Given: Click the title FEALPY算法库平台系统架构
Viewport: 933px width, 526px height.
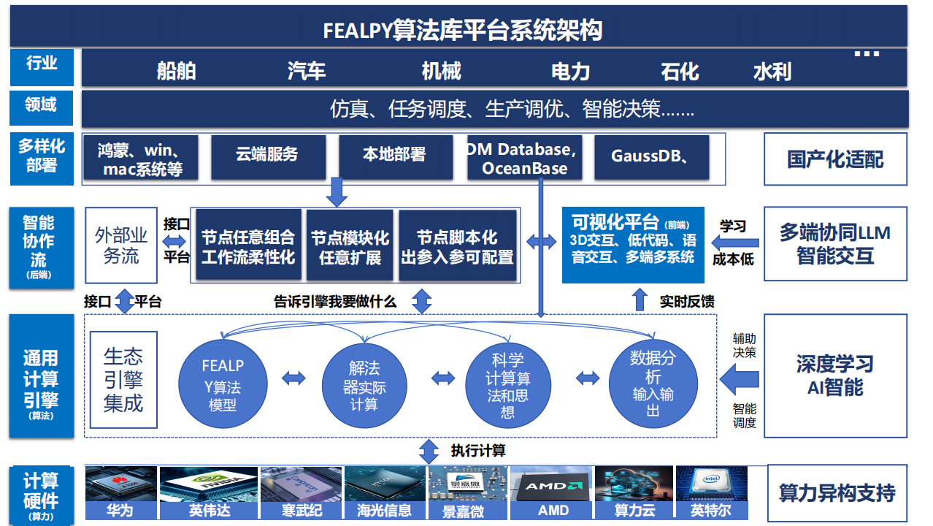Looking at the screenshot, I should click(463, 31).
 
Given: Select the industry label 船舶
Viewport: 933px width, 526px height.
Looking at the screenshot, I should click(176, 71).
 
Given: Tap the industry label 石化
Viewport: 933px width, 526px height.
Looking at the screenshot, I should click(680, 71).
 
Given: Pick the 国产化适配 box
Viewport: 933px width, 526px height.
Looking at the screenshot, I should click(835, 159).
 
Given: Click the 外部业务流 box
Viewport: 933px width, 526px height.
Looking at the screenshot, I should click(121, 245).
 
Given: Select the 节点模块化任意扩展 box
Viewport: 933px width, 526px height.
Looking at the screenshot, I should click(350, 247).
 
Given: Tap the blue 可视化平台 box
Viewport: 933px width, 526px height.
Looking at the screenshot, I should click(633, 245).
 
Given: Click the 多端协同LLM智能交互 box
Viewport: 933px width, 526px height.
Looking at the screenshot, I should click(835, 245).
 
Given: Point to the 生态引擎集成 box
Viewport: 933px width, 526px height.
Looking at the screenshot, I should click(123, 380).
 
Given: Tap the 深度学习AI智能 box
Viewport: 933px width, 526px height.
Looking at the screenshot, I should click(835, 376).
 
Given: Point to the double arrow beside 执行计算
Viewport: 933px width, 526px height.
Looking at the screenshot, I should click(429, 450).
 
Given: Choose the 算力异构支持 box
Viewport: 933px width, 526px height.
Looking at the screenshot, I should click(837, 493).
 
